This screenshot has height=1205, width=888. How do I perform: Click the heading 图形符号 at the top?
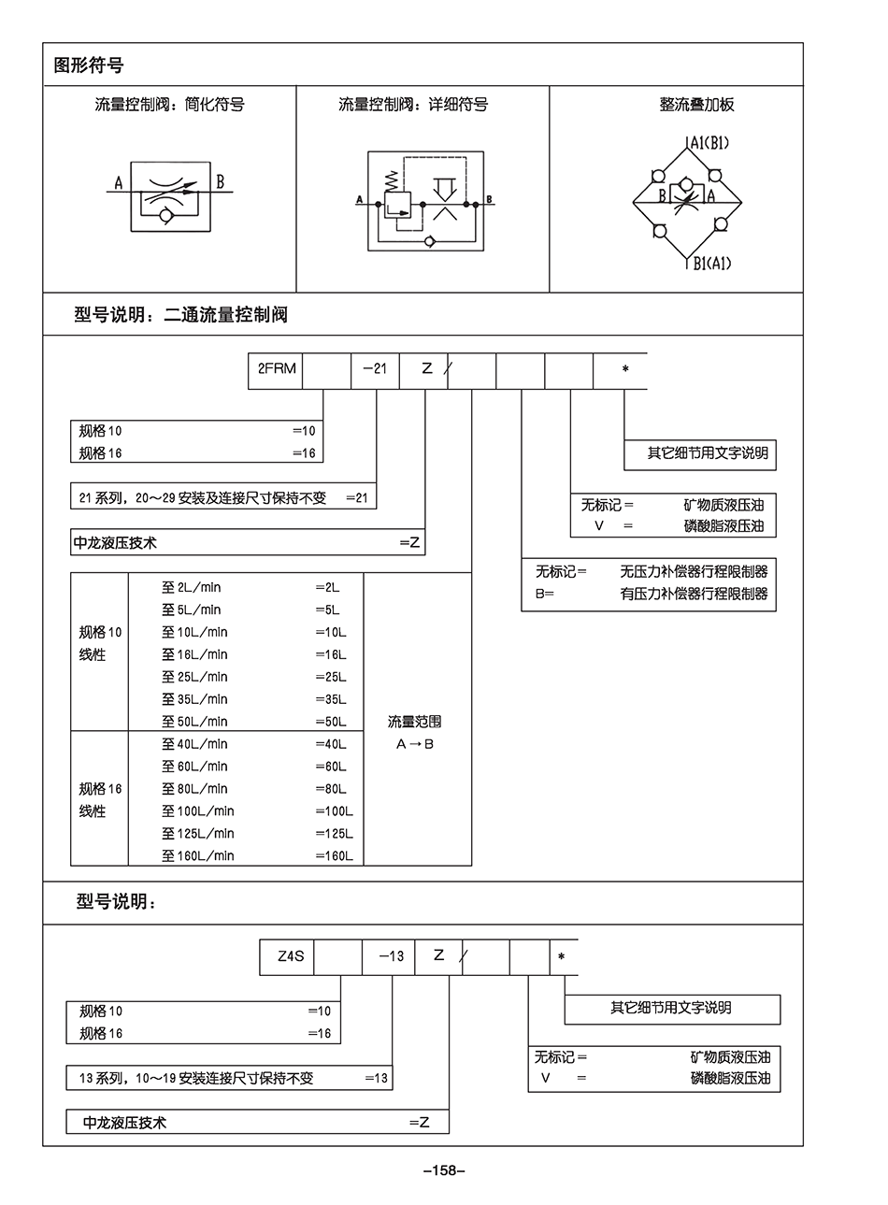(x=89, y=65)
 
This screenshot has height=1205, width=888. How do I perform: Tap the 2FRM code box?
(x=277, y=369)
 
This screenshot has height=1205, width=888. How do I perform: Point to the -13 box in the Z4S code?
(x=391, y=956)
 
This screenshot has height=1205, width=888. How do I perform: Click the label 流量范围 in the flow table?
(x=414, y=722)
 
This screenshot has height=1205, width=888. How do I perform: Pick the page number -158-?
(x=444, y=1170)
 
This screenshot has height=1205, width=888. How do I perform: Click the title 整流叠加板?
(x=696, y=105)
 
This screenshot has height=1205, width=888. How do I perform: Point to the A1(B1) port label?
(x=708, y=143)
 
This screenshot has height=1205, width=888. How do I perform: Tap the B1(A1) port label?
(x=711, y=264)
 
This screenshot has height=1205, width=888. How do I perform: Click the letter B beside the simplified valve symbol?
(x=221, y=182)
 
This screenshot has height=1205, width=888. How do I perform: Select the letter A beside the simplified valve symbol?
(x=119, y=183)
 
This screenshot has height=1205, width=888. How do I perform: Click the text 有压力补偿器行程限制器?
(x=694, y=594)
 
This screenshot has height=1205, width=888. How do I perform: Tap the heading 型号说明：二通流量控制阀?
(x=180, y=315)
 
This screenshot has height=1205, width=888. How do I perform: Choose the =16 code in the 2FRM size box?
(x=305, y=453)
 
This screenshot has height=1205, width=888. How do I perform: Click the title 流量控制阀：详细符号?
(x=413, y=105)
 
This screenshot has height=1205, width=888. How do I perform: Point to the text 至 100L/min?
(x=198, y=811)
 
